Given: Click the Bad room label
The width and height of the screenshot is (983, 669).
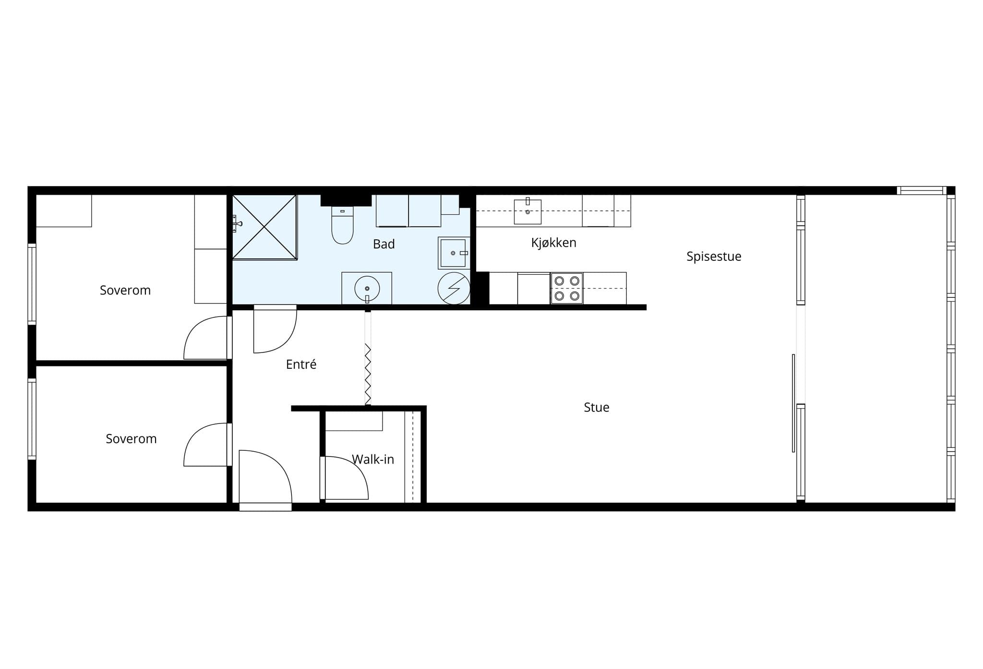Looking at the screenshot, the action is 384,244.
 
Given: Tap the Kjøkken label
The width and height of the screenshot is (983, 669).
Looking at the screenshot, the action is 553,243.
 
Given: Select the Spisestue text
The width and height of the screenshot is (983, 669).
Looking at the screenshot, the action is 714,257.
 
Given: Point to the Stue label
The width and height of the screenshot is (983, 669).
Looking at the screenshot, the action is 597,407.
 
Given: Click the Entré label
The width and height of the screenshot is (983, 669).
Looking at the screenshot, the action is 301,364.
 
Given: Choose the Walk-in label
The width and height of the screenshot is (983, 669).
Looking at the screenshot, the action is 373,459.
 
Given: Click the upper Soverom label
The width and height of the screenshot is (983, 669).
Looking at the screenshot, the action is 125,290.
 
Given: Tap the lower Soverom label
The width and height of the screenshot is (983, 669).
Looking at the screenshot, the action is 131,439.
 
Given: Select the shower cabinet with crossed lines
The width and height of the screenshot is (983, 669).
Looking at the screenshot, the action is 264,227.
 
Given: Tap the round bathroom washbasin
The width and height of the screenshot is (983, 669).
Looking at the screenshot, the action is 367,288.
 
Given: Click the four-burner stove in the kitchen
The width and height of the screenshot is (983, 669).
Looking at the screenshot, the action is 567,288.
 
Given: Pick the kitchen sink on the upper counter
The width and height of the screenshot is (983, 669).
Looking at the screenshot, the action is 527,211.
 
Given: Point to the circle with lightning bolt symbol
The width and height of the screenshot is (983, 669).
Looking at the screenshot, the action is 454,288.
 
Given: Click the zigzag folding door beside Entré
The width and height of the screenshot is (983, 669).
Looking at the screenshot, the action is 368,374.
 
